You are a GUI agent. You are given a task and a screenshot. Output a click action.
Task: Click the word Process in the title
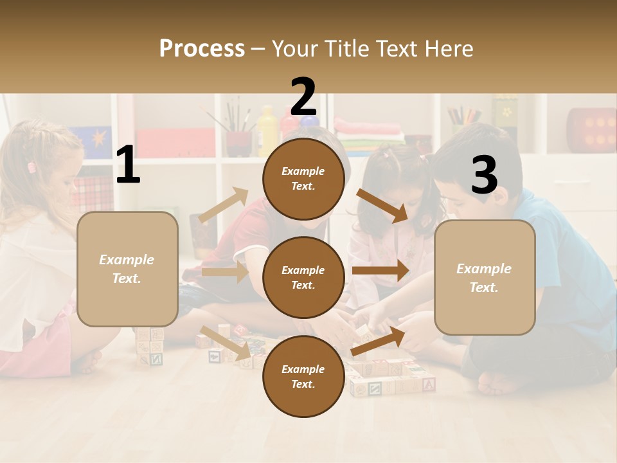[202, 48]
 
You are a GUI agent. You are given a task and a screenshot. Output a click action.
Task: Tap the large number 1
[128, 165]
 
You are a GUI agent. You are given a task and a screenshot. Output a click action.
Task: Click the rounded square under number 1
[127, 269]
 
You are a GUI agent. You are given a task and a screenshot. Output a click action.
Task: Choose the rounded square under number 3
[485, 277]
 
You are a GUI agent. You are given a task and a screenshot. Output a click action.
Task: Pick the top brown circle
[303, 179]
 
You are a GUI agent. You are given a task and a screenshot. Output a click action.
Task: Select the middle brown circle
[303, 277]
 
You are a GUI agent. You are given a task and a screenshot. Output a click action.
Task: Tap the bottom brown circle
[303, 376]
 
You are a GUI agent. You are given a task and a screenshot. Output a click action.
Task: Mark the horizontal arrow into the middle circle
[225, 272]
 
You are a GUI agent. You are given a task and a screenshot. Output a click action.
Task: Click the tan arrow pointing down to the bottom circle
[226, 342]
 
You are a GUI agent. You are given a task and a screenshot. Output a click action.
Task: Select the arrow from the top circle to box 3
[382, 205]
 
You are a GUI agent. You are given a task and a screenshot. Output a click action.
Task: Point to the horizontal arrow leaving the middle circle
[380, 271]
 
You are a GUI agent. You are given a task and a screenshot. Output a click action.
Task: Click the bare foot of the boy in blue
[497, 384]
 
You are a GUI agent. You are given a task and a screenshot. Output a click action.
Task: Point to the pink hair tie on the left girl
[31, 167]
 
